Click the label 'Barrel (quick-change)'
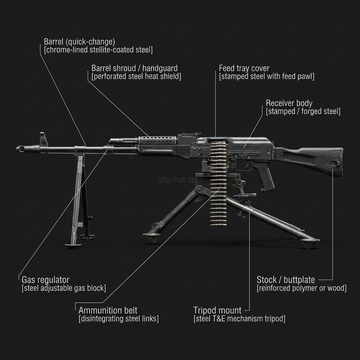79,41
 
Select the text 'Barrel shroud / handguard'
134,68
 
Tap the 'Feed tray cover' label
244,68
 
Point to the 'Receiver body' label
289,103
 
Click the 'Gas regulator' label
46,280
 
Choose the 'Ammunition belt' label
108,310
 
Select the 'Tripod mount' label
217,310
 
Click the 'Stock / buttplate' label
285,280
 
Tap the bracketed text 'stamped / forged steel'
303,112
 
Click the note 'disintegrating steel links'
118,319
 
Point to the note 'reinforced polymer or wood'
302,288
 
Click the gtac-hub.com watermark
180,180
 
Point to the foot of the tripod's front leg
152,238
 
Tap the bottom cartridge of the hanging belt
218,224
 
